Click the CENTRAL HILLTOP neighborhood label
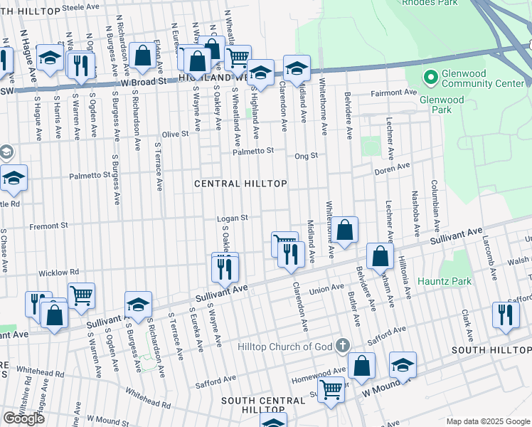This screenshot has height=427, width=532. click(241, 184)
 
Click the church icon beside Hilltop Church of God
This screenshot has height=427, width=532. click(343, 346)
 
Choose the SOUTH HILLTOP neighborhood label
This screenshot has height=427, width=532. click(491, 350)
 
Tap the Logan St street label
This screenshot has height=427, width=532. click(232, 218)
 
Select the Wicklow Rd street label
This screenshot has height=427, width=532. click(58, 273)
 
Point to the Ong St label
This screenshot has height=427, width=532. click(306, 155)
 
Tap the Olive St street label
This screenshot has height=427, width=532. click(174, 134)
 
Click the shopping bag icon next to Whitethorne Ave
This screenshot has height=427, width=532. click(345, 231)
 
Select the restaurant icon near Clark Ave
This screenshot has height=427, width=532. click(505, 315)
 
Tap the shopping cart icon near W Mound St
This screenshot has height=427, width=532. click(331, 390)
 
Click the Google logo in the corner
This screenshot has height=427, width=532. click(23, 418)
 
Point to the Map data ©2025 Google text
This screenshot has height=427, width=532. click(488, 421)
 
